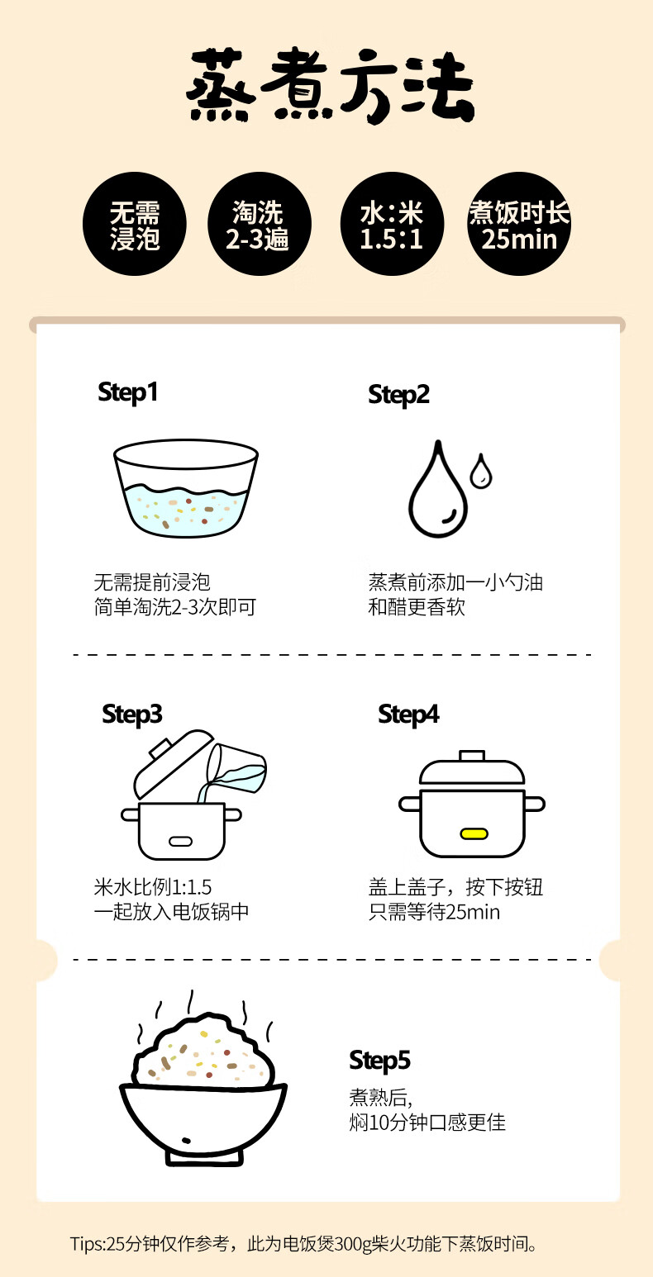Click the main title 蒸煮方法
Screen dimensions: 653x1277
(x=330, y=86)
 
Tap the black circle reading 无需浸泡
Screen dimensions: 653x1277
(x=135, y=224)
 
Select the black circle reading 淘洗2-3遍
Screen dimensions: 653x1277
(x=259, y=224)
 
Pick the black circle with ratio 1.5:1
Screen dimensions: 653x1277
(x=392, y=224)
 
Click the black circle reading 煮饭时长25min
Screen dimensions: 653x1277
(x=519, y=224)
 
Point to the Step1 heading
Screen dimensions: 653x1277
(x=128, y=393)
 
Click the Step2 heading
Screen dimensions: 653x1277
(x=398, y=395)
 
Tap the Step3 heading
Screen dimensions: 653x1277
(x=132, y=714)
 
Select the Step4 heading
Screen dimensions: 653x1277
(x=408, y=714)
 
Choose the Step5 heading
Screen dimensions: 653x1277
(x=380, y=1061)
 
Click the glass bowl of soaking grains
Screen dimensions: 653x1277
(x=186, y=488)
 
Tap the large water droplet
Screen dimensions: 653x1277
(x=438, y=488)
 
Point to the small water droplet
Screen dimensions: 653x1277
(x=481, y=471)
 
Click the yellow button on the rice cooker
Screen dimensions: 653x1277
(x=474, y=834)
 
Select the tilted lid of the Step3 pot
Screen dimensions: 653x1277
(x=174, y=764)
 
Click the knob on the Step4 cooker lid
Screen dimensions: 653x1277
(x=472, y=755)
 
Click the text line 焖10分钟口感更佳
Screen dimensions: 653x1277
(x=427, y=1122)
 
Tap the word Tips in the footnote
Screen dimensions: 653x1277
(x=85, y=1244)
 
